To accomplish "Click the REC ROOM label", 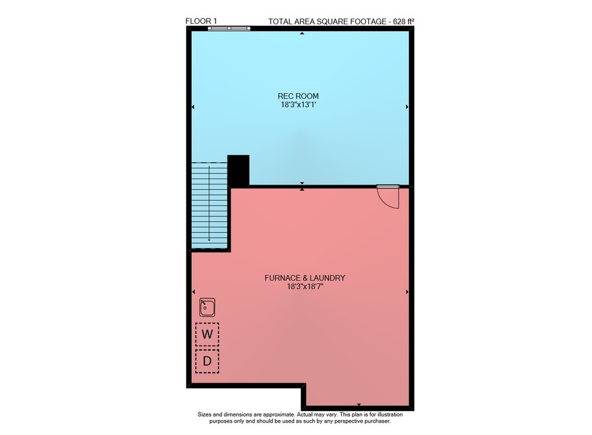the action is (x=298, y=96).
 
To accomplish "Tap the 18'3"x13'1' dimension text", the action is (x=298, y=105).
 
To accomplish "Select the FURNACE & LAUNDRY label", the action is (x=305, y=278).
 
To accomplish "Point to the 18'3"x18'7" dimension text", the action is (x=305, y=286).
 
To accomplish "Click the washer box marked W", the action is (x=207, y=334).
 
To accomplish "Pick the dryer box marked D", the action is (x=207, y=362).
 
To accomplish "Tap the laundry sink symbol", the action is (x=207, y=307).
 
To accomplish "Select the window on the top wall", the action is (x=229, y=28).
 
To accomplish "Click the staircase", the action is (x=209, y=206).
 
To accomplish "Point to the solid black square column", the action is (x=238, y=170).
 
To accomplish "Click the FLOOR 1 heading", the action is (x=201, y=21).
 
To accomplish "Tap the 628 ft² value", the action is (x=404, y=21).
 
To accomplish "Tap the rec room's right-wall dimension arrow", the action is (x=407, y=107).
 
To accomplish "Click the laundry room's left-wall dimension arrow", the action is (x=194, y=292).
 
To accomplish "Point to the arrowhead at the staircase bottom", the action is (x=209, y=240).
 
